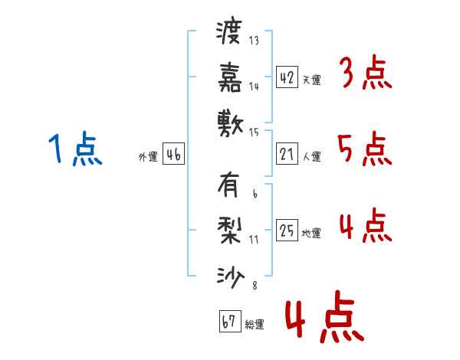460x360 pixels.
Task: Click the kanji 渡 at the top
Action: pos(229,33)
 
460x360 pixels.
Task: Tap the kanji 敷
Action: pos(229,122)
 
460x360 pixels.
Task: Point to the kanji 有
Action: pos(229,185)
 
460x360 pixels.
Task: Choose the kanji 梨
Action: pos(229,231)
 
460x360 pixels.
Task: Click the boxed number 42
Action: pos(287,77)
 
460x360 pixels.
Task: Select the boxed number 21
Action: pos(287,155)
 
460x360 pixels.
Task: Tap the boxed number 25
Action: pos(287,231)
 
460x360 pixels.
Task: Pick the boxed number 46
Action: pos(173,155)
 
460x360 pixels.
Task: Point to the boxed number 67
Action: pos(229,321)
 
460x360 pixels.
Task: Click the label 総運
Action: pos(255,324)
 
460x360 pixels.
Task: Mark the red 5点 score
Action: pos(364,149)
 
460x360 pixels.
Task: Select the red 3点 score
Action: pos(364,74)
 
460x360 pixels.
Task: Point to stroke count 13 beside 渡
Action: pos(254,41)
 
